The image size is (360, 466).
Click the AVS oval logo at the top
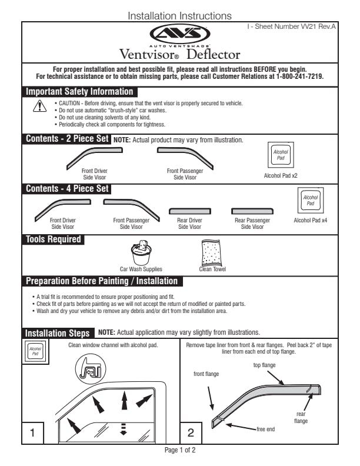coord(180,33)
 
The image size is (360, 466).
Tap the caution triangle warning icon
coord(39,106)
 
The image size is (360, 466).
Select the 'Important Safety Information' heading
coord(79,92)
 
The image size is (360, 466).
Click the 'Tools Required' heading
coord(53,239)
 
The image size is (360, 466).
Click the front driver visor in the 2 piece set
coord(95,155)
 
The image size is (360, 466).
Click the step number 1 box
coord(32,433)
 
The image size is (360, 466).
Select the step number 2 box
coord(190,433)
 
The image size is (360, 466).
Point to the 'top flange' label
coord(265,365)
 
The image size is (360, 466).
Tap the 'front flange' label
coord(206,374)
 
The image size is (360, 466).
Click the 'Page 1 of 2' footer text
coord(179,450)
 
